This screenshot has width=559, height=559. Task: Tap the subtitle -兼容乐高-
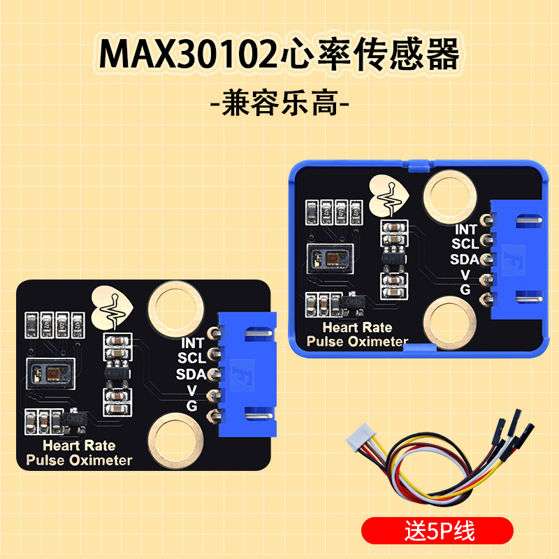pos(279,105)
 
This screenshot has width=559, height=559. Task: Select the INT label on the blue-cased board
pos(466,229)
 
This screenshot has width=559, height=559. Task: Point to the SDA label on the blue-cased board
pos(464,259)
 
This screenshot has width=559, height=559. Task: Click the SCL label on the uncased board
pos(191,358)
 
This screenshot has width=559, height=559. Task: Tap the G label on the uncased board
pos(191,406)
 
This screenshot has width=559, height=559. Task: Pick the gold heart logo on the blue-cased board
pos(389,192)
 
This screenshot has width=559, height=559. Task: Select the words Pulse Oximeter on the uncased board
pos(79,460)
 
